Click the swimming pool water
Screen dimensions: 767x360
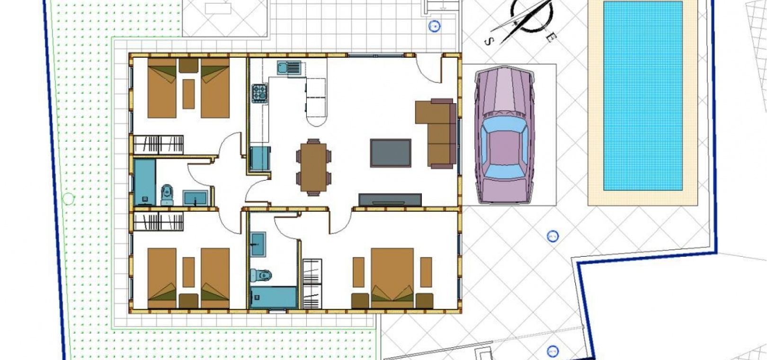pos(642,96)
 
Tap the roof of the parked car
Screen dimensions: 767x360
pos(504,147)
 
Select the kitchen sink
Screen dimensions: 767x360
pos(289,68)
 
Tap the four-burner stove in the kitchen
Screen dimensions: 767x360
pos(259,93)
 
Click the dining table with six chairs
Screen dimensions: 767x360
pos(313,167)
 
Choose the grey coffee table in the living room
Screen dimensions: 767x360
pos(390,153)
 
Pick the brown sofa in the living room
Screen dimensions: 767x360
pos(437,134)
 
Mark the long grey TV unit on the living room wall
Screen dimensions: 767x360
pos(390,200)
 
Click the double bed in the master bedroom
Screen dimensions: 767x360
pos(392,278)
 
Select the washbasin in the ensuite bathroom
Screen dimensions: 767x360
pos(258,244)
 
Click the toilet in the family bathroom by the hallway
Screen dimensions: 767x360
pos(167,195)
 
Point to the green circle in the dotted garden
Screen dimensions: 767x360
pos(69,198)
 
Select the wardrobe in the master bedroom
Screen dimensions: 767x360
pos(312,284)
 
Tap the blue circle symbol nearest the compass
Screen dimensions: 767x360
pos(434,27)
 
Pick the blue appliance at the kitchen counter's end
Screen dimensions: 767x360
pos(260,159)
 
